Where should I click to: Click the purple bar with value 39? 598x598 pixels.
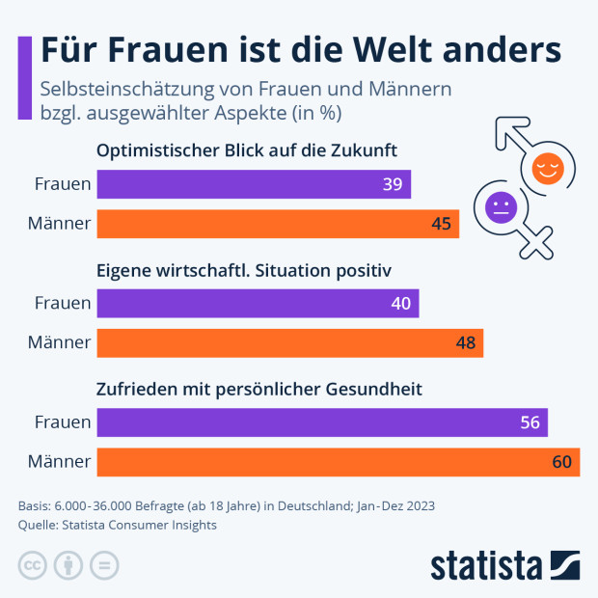coord(254,184)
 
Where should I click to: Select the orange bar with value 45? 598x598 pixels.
coord(278,224)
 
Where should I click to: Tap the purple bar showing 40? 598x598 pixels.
coord(258,304)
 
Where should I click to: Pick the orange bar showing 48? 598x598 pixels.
coord(289,343)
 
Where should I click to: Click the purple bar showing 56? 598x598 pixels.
coord(322,422)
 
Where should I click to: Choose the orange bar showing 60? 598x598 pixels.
coord(338,462)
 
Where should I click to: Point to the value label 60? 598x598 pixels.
coord(562,462)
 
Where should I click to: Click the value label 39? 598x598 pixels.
coord(393,184)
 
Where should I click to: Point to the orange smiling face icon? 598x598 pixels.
coord(547,168)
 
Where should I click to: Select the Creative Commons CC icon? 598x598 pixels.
coord(33,565)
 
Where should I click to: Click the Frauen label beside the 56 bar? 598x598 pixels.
coord(63,422)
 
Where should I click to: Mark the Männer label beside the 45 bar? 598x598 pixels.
coord(60,224)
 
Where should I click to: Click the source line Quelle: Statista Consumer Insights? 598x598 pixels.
coord(118,525)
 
